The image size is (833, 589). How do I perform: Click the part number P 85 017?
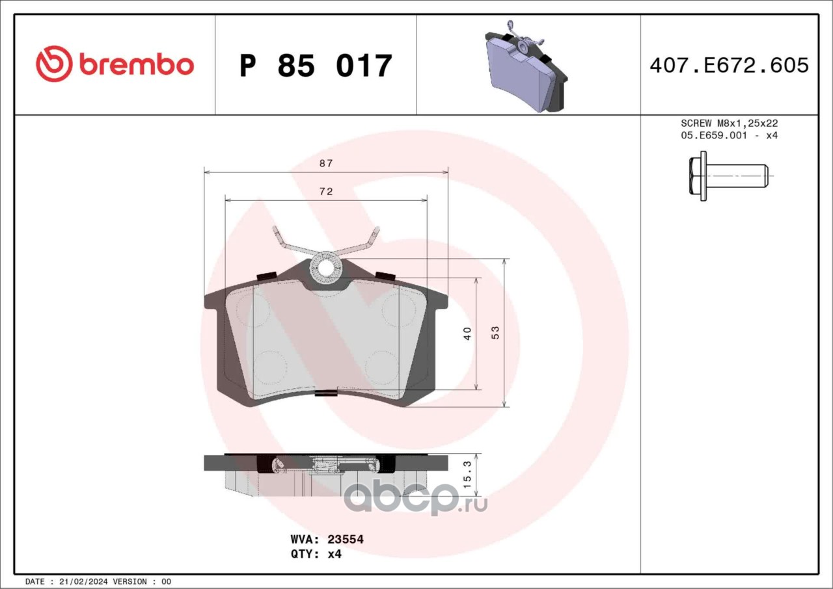[316, 66]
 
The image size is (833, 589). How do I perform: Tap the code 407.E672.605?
[730, 66]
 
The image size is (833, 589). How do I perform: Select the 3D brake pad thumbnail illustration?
[526, 66]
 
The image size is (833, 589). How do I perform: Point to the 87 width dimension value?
[326, 163]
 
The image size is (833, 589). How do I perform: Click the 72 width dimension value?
[326, 191]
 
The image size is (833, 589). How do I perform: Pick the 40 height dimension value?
[467, 333]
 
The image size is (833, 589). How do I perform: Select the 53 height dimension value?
[495, 332]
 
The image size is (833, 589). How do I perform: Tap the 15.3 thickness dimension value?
[467, 475]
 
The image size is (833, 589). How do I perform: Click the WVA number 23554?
[346, 539]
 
